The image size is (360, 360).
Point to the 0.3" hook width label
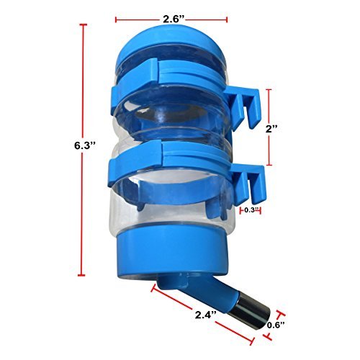pos(251,210)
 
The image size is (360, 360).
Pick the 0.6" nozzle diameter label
pos(276,325)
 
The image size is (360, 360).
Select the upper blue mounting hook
pos(243,107)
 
